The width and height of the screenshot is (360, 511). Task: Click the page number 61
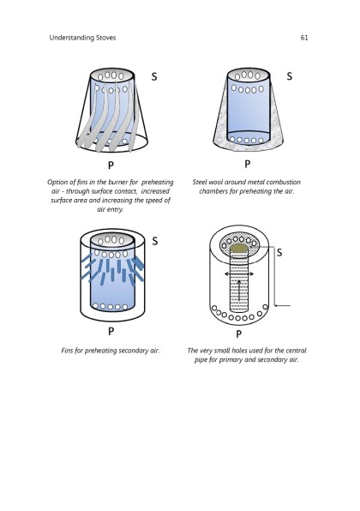pyautogui.click(x=304, y=38)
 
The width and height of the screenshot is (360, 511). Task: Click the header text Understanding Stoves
pyautogui.click(x=82, y=38)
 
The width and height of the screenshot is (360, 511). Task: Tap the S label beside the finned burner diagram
pyautogui.click(x=154, y=76)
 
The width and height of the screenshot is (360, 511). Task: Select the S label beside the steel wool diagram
pyautogui.click(x=290, y=76)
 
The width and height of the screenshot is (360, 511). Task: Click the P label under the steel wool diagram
pyautogui.click(x=248, y=164)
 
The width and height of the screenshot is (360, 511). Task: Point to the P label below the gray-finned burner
pyautogui.click(x=111, y=165)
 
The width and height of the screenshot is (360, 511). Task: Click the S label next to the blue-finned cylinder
pyautogui.click(x=155, y=241)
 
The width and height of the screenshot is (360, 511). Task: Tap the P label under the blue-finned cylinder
pyautogui.click(x=111, y=332)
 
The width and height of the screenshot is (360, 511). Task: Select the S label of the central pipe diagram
pyautogui.click(x=279, y=253)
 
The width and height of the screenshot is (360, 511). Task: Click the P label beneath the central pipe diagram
pyautogui.click(x=239, y=334)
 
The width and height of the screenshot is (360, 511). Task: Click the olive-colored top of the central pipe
pyautogui.click(x=239, y=249)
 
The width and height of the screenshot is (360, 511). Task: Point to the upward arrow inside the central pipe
pyautogui.click(x=239, y=291)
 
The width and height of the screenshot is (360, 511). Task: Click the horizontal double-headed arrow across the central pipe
pyautogui.click(x=239, y=274)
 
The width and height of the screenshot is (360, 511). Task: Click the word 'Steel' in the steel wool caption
pyautogui.click(x=200, y=182)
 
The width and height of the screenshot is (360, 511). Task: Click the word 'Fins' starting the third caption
pyautogui.click(x=67, y=351)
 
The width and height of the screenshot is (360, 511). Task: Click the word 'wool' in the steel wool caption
pyautogui.click(x=215, y=182)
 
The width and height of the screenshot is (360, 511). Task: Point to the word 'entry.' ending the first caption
pyautogui.click(x=116, y=209)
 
